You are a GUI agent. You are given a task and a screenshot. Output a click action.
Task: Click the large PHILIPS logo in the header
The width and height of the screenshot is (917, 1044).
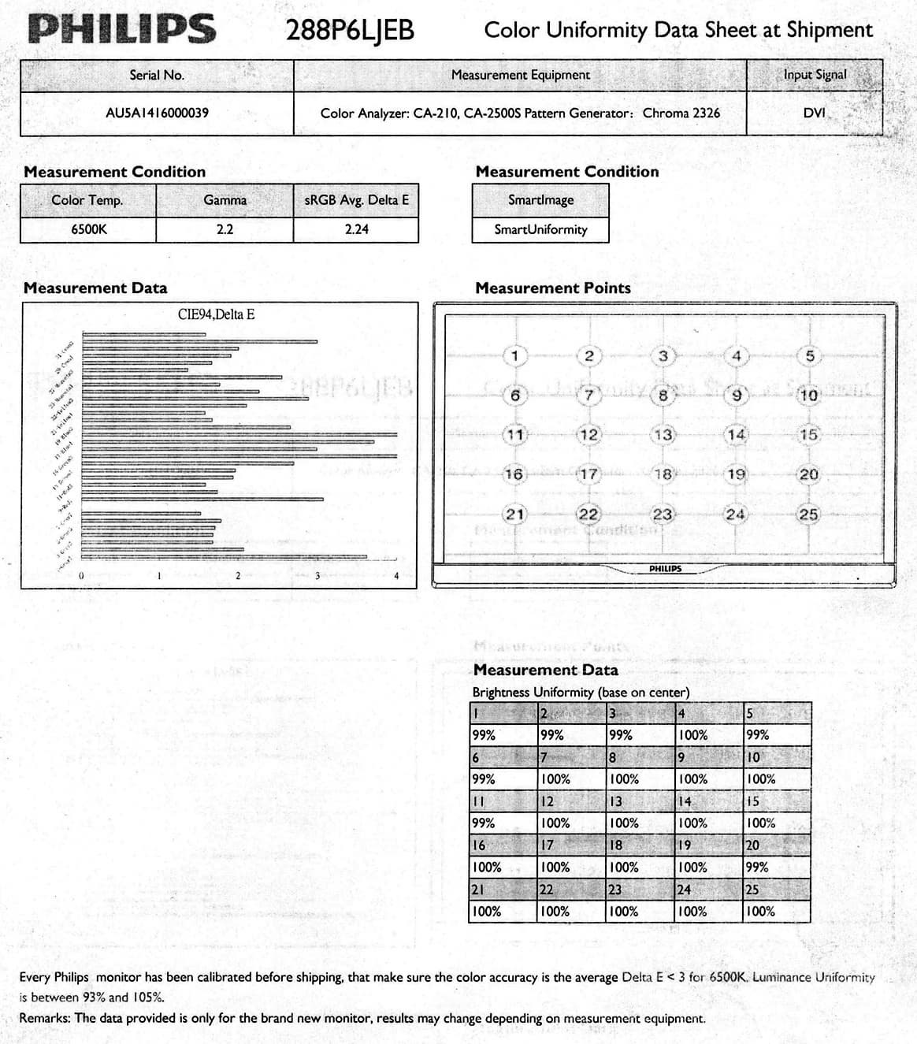pyautogui.click(x=121, y=29)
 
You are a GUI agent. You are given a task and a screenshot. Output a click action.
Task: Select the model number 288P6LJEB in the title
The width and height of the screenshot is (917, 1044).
pyautogui.click(x=350, y=31)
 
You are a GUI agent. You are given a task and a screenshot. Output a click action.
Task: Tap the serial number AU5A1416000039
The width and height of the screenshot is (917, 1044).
pyautogui.click(x=157, y=113)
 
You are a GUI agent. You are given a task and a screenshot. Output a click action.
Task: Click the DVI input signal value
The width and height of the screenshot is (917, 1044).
pyautogui.click(x=814, y=113)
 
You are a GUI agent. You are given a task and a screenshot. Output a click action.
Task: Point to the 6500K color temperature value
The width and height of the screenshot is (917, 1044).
pyautogui.click(x=88, y=229)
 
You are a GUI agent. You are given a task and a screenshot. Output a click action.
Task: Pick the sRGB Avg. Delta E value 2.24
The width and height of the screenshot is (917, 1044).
pyautogui.click(x=356, y=229)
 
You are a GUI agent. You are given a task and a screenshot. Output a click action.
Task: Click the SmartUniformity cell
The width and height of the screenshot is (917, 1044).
pyautogui.click(x=540, y=229)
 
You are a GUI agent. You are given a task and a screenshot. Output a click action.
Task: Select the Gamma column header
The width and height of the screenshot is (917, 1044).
pyautogui.click(x=225, y=200)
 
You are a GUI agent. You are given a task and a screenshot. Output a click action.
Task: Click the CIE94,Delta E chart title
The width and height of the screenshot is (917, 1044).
pyautogui.click(x=216, y=314)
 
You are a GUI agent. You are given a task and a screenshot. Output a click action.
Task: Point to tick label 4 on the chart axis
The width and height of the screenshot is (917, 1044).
pyautogui.click(x=396, y=576)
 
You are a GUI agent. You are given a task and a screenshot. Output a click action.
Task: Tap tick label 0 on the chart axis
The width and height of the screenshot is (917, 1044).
pyautogui.click(x=80, y=576)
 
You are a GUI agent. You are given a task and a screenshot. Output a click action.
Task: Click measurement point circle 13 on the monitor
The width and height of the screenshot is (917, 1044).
pyautogui.click(x=663, y=435)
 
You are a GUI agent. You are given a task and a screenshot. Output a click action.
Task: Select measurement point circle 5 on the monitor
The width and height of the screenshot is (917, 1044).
pyautogui.click(x=809, y=356)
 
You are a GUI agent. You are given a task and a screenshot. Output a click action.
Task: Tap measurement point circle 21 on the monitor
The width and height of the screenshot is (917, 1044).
pyautogui.click(x=514, y=515)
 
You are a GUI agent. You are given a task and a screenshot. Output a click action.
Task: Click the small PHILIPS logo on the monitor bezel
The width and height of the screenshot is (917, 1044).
pyautogui.click(x=665, y=568)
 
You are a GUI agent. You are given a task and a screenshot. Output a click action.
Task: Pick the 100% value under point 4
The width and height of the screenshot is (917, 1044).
pyautogui.click(x=693, y=735)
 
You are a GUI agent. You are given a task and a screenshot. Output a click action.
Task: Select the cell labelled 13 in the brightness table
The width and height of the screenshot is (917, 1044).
pyautogui.click(x=616, y=801)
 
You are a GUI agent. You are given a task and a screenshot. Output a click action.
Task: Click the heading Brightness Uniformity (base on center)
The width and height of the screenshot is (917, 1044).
pyautogui.click(x=581, y=693)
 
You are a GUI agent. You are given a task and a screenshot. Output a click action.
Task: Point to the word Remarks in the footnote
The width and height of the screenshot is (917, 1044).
pyautogui.click(x=45, y=1018)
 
